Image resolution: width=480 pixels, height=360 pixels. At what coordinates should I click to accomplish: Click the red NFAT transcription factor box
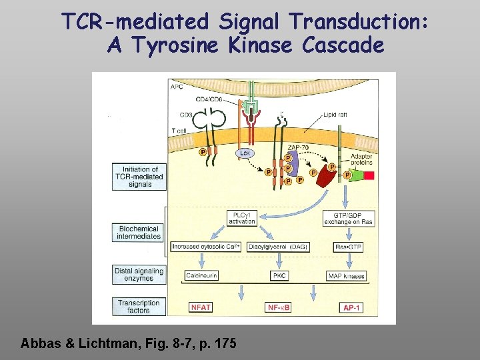click(x=201, y=307)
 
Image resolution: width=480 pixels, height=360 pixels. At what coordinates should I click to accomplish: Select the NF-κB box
click(x=279, y=307)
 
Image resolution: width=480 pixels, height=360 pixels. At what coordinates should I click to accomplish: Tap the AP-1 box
click(x=352, y=307)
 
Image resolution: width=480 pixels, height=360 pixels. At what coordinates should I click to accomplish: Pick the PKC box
click(x=279, y=275)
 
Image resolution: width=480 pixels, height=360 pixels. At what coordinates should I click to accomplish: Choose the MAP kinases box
click(x=348, y=275)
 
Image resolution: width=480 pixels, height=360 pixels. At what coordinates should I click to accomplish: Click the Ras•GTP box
click(x=348, y=247)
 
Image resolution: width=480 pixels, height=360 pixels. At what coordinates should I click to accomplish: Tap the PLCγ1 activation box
click(x=241, y=218)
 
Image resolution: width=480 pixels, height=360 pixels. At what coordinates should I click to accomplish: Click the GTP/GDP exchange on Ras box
click(x=348, y=218)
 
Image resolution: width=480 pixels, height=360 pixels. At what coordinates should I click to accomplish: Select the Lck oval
click(x=245, y=153)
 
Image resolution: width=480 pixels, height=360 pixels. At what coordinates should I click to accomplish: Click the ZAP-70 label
click(x=298, y=147)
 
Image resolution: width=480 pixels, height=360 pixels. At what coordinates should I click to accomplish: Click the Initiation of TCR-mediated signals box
click(x=139, y=177)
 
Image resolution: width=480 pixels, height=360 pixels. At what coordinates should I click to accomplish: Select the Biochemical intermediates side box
click(x=139, y=232)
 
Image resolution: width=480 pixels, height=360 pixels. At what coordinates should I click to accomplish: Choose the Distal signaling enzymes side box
click(x=139, y=275)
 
